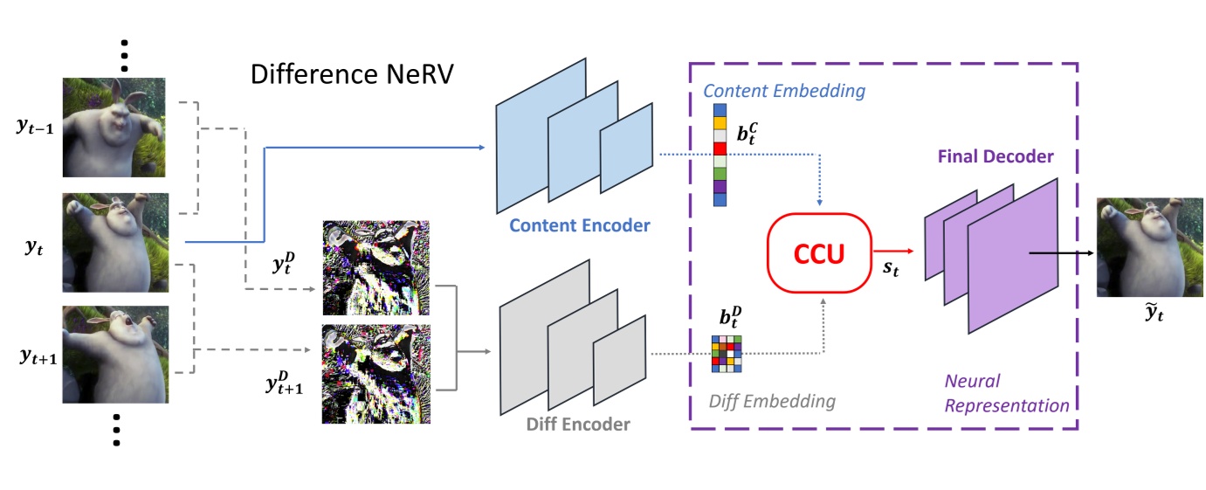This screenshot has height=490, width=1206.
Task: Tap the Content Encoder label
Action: tap(580, 225)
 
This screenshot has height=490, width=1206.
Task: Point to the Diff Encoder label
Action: tap(578, 425)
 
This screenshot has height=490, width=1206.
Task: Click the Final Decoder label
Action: tap(995, 157)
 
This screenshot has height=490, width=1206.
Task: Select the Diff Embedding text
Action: tap(771, 402)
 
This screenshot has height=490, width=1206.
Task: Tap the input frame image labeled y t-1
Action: tap(114, 127)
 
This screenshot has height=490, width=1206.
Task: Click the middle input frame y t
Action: tap(114, 242)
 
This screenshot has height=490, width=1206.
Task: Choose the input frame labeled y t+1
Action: tap(114, 354)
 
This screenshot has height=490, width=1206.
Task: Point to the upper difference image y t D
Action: tap(376, 267)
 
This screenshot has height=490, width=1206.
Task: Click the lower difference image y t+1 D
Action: tap(376, 374)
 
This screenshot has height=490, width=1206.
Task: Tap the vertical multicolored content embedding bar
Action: tap(720, 155)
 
